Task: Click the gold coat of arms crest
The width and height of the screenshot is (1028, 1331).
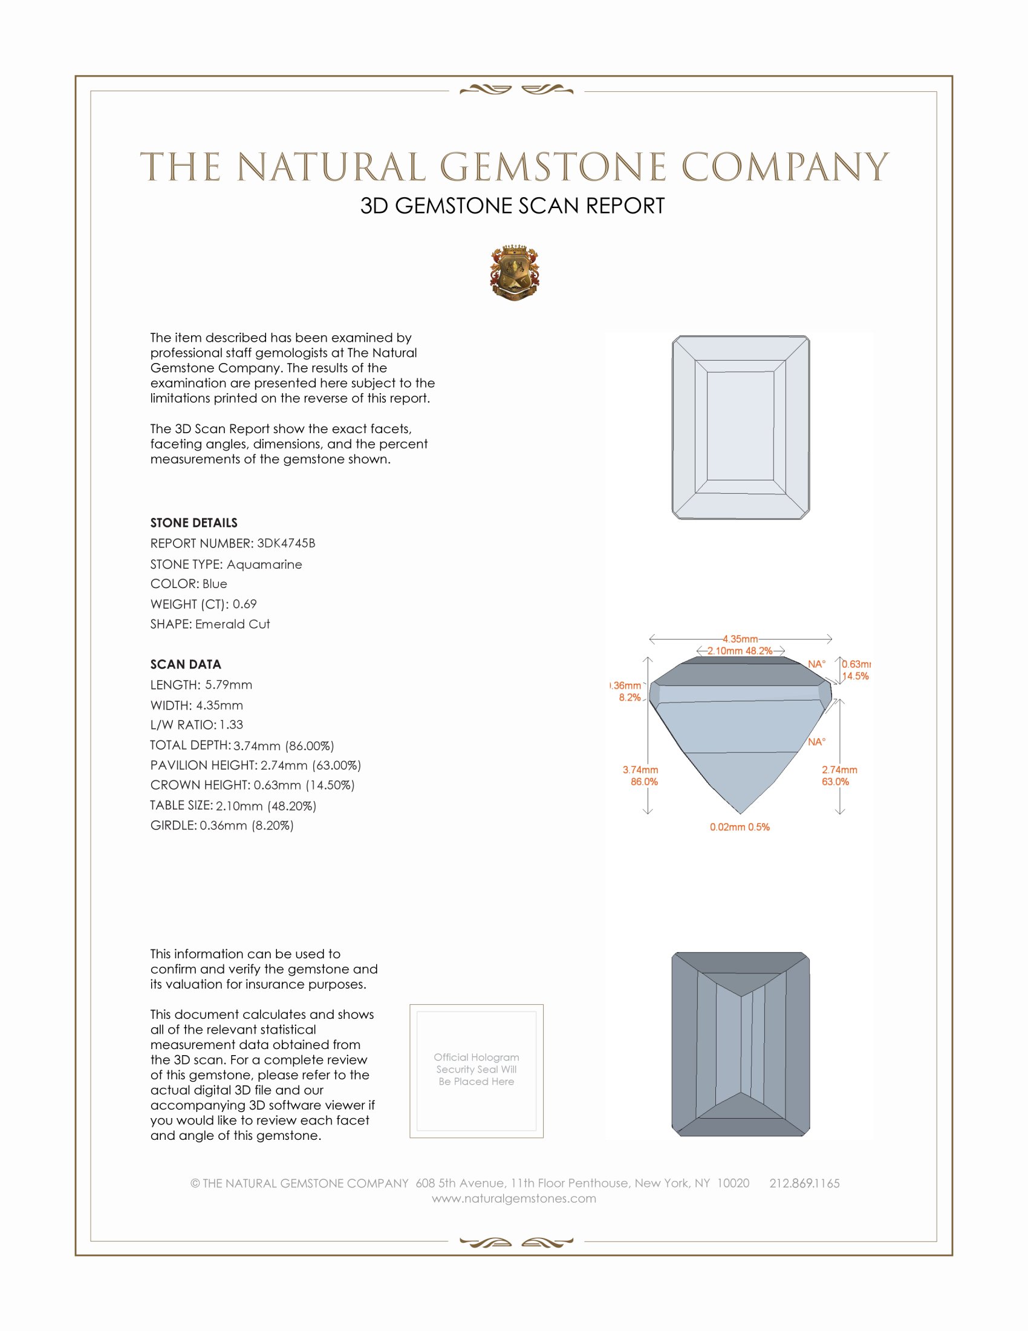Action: pos(515,273)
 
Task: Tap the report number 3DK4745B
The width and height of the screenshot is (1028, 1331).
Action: pos(285,543)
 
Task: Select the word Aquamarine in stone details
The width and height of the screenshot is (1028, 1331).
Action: pos(264,564)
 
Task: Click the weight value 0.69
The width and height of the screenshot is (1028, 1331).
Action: pos(244,604)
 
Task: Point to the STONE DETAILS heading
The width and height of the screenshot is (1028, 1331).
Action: pos(194,523)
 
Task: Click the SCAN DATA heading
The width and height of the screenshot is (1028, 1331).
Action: pos(186,664)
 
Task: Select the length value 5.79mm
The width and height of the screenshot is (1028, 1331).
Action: pos(229,685)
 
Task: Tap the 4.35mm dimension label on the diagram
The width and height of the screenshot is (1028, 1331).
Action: pos(740,639)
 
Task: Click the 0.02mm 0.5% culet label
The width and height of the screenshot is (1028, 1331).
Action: pos(740,827)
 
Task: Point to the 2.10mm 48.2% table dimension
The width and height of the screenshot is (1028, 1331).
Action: pos(740,651)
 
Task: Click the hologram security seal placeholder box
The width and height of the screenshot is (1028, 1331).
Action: pos(477,1071)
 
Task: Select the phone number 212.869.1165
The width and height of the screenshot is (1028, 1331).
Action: pos(804,1183)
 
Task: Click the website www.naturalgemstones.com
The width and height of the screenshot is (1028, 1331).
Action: pos(514,1199)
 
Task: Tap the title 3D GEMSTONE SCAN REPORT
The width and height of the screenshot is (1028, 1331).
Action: pos(512,206)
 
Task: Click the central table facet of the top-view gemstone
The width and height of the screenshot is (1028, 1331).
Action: pos(740,427)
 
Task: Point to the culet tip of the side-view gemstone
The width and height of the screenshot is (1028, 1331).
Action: pos(741,813)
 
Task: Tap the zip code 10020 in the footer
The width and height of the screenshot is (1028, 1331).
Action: pos(734,1183)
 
